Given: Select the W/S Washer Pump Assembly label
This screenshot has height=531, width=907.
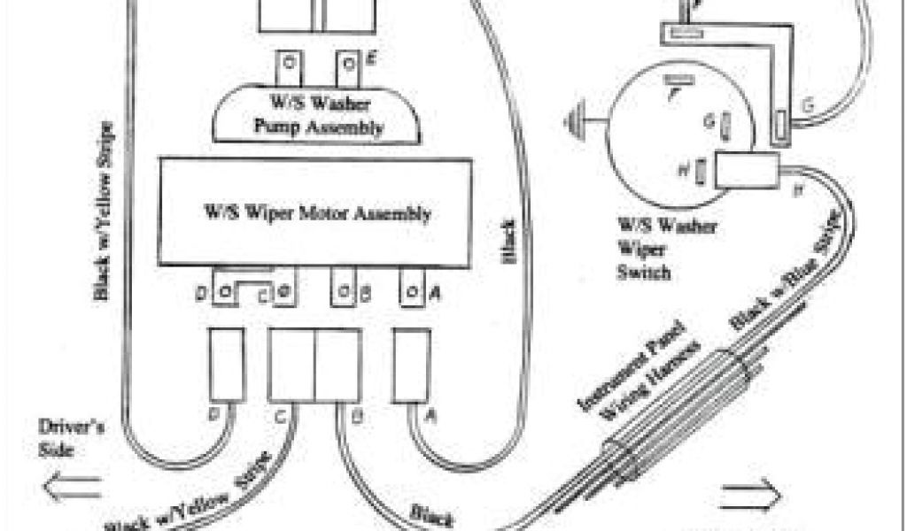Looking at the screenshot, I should [x=319, y=119].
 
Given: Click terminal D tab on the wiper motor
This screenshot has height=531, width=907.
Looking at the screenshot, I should [x=225, y=292].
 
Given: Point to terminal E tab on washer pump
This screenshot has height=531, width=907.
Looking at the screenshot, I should [x=351, y=64].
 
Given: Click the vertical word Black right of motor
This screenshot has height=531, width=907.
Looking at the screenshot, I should [x=508, y=239].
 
